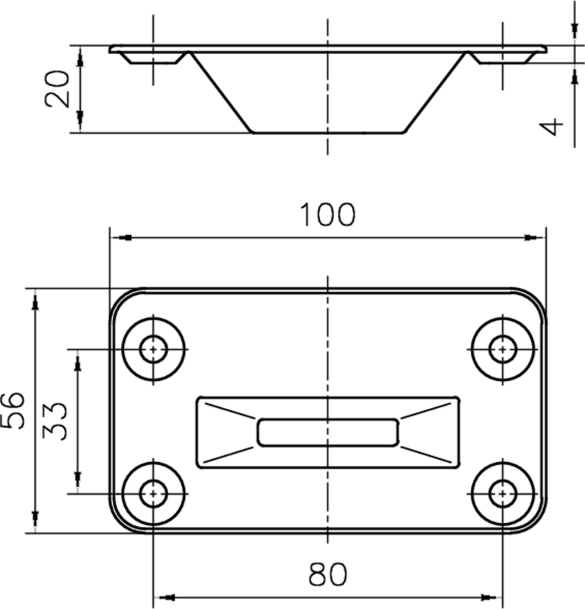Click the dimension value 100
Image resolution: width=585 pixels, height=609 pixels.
[327, 215]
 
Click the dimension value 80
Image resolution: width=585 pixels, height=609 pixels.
[328, 575]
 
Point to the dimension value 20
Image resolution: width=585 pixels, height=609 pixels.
[59, 88]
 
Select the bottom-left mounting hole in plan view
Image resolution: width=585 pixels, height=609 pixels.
[154, 493]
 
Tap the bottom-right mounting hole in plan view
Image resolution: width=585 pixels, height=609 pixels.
[501, 493]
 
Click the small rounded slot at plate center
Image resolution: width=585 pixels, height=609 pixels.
[328, 432]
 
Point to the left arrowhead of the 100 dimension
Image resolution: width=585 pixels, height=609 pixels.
[118, 238]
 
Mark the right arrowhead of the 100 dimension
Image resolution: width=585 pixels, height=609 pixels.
[539, 238]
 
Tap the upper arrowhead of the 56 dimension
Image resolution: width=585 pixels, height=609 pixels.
[35, 298]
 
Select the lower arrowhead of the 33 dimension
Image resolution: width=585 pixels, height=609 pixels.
[77, 484]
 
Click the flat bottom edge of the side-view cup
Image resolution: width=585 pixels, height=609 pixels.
[328, 132]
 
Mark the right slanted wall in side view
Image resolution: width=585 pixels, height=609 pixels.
[436, 92]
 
